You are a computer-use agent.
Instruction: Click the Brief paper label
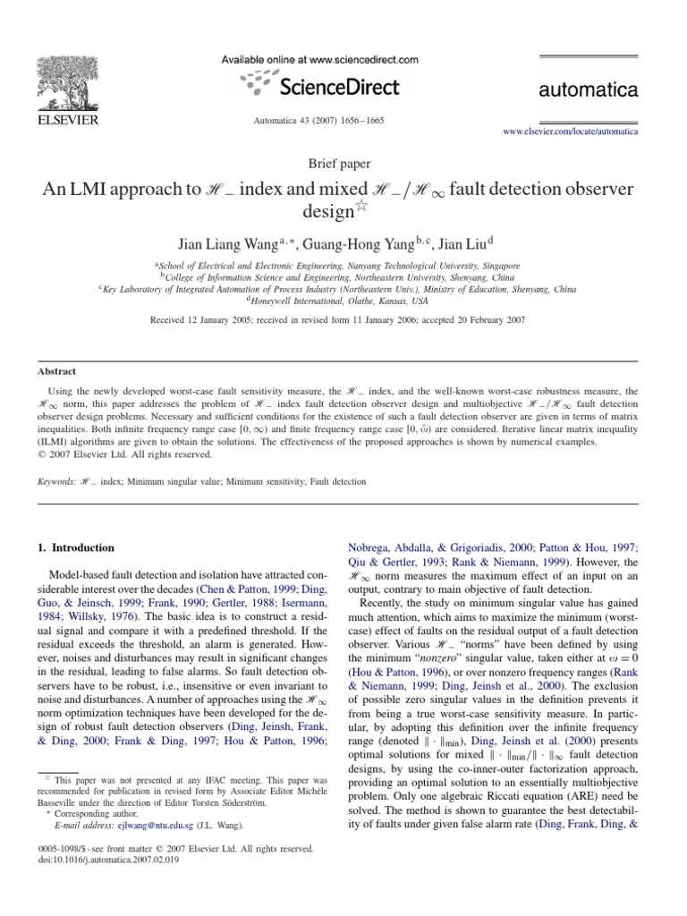tap(343, 164)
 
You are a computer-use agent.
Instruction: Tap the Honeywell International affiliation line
tap(343, 301)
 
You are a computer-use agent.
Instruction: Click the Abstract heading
tap(55, 370)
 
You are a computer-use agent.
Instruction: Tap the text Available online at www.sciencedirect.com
tap(319, 60)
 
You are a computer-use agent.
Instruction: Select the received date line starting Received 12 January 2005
tap(343, 319)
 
